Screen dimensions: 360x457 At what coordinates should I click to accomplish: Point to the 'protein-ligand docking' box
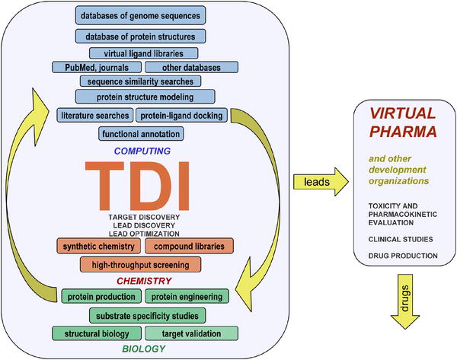tap(176, 116)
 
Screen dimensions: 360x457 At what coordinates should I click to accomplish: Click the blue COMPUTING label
tap(141, 151)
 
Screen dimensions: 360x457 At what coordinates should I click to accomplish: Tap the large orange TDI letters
tap(141, 185)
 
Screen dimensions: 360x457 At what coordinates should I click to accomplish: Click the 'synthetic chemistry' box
tap(96, 247)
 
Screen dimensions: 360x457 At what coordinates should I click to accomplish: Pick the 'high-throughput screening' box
tap(141, 264)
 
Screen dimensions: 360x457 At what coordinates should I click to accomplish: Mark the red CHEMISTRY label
tap(141, 281)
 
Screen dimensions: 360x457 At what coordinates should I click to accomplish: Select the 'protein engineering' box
tap(187, 297)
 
